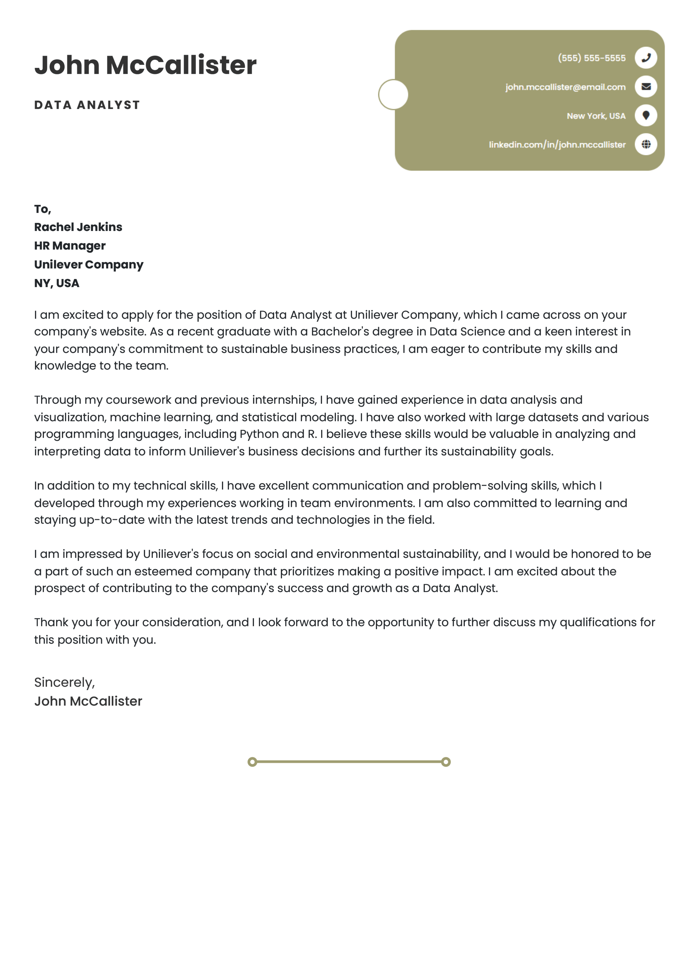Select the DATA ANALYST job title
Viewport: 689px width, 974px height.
pos(87,105)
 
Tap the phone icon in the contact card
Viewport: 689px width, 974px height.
pos(646,58)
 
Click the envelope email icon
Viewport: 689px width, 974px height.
pos(646,87)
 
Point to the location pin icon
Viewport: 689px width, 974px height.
pos(646,115)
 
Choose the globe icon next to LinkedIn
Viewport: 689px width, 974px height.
pos(646,144)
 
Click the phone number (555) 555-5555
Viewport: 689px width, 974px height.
pos(591,58)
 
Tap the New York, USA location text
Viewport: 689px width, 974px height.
pos(596,116)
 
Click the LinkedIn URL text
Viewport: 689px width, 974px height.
pos(557,145)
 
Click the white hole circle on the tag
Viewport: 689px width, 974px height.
pos(393,95)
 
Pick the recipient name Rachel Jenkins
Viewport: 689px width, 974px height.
pos(78,227)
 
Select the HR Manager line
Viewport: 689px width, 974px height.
pos(70,246)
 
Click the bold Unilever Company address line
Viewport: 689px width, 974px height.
pos(89,264)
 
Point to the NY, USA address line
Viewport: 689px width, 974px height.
pos(57,283)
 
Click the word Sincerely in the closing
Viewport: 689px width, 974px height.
pos(64,682)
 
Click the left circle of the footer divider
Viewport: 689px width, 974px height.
pos(252,762)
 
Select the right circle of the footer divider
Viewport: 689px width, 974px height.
pos(446,762)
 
